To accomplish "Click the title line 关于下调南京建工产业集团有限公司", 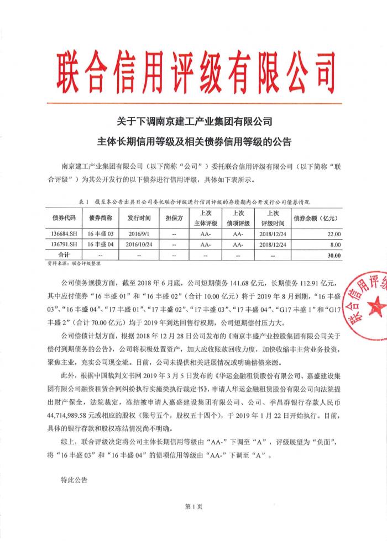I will coord(193,120).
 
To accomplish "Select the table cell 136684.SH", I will coord(60,234).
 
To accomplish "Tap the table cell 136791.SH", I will coord(60,244).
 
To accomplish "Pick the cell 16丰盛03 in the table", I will coord(101,234).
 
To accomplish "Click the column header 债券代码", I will coord(60,219).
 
